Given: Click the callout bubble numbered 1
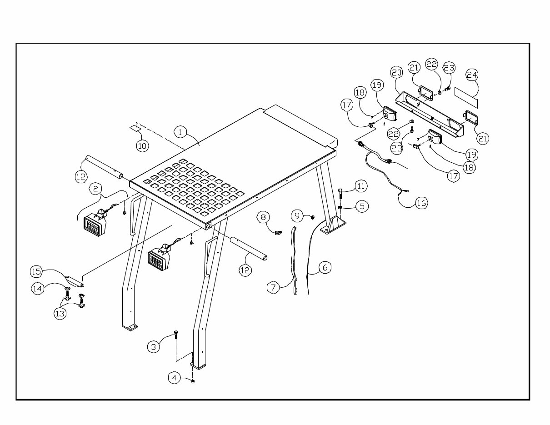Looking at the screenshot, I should tap(180, 132).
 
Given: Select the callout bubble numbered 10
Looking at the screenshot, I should tap(143, 145).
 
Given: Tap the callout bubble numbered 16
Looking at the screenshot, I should tap(421, 203).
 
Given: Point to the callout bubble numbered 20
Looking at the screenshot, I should tap(397, 72).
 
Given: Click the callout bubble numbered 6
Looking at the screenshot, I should tap(324, 267).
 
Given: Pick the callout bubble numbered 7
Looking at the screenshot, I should tap(273, 287).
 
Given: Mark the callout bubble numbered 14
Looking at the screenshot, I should tap(37, 288).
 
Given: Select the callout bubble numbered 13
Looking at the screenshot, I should tap(60, 313).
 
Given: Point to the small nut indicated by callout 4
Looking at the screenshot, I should tap(193, 381).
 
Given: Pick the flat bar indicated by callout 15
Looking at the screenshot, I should tap(75, 281).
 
